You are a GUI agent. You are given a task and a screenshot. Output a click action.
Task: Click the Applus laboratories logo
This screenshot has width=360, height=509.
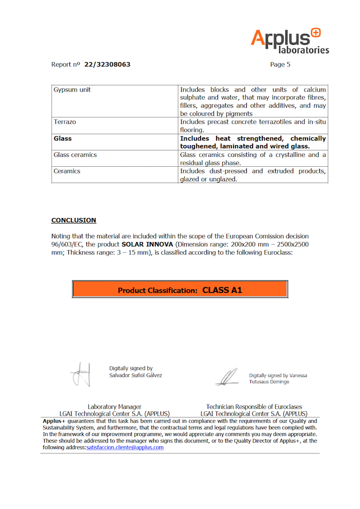[x=290, y=41]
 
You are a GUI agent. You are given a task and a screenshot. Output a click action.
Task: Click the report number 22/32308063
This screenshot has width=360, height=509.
[x=107, y=65]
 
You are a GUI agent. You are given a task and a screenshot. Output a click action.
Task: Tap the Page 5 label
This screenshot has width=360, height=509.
[x=280, y=65]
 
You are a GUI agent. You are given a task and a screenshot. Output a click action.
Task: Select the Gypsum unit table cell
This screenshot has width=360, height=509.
[x=73, y=90]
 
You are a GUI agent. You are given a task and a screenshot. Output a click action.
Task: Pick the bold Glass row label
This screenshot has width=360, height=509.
[x=63, y=138]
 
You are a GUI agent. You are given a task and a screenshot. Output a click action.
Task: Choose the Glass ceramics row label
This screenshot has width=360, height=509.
[x=75, y=155]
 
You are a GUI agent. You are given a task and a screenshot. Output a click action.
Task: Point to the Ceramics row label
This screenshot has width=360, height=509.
[x=67, y=171]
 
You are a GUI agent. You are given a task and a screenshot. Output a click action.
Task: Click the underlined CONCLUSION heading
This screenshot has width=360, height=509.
[x=74, y=220]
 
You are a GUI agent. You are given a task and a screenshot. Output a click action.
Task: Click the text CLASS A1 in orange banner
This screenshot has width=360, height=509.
[x=222, y=290]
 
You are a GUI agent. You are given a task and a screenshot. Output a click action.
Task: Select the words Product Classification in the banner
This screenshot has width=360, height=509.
[x=157, y=291]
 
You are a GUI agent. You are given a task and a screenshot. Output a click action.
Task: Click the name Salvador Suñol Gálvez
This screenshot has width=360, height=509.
[x=135, y=375]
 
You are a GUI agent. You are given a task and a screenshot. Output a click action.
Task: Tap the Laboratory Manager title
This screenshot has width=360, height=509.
[x=114, y=407]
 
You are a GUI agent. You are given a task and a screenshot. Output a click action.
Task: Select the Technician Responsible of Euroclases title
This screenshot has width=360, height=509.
[x=254, y=407]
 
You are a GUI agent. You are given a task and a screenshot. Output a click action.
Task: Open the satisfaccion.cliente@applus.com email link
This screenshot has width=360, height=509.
[x=125, y=448]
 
